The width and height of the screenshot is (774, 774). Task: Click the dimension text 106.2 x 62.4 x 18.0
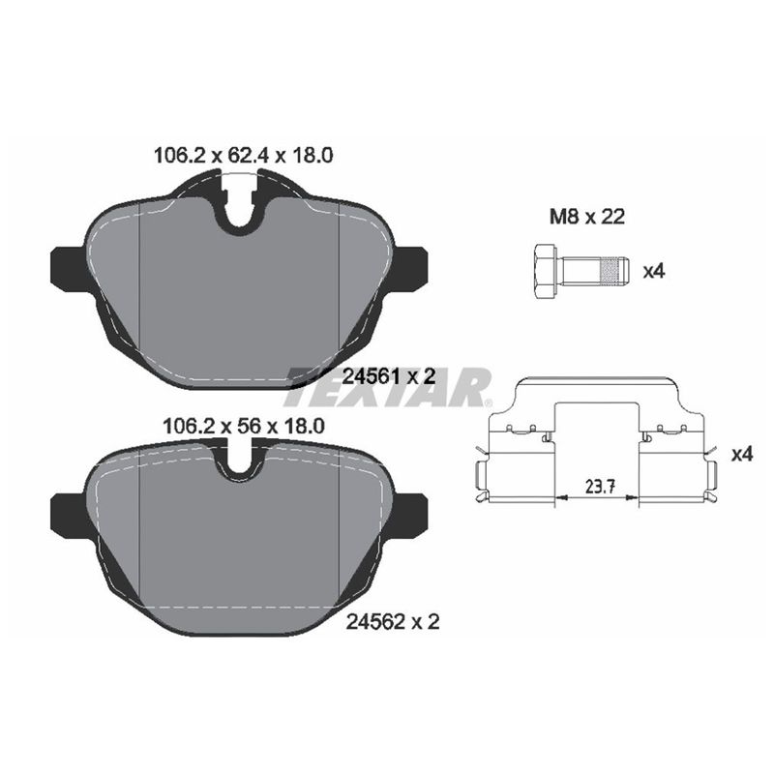click(244, 156)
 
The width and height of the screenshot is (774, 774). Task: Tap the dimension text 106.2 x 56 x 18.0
click(244, 426)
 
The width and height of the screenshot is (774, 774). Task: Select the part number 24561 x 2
click(389, 376)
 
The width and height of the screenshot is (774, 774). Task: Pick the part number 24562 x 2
click(393, 621)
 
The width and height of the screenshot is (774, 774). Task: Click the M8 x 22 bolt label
click(587, 216)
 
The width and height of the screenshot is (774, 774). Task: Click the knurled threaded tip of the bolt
click(613, 271)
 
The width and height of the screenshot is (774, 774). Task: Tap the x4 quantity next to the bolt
click(654, 271)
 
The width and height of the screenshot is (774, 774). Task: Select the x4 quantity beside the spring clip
click(742, 454)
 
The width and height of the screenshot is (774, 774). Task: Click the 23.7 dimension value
click(600, 487)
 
